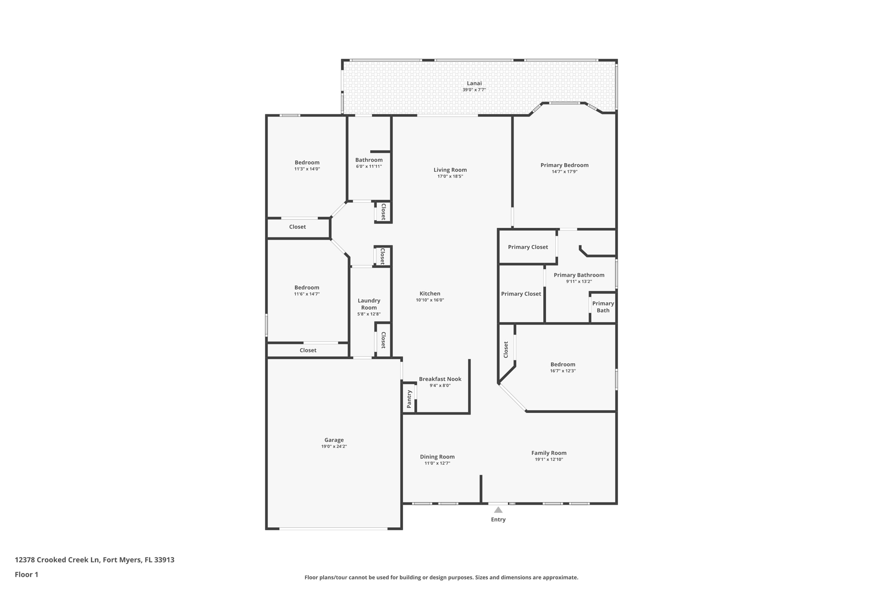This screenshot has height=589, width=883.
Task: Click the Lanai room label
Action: tap(474, 83)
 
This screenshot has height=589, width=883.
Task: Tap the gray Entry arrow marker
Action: tap(498, 510)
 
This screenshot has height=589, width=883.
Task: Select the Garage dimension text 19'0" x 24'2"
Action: tap(334, 447)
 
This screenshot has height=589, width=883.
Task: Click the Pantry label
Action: tap(409, 399)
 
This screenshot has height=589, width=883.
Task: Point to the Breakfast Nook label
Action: tap(440, 379)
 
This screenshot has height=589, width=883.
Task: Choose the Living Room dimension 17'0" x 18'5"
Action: tap(450, 176)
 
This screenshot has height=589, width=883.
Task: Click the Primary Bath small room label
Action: tap(603, 307)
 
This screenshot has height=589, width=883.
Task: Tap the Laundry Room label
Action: tap(369, 304)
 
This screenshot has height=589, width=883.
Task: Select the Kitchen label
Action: tap(430, 293)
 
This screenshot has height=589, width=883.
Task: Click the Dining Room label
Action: tap(437, 457)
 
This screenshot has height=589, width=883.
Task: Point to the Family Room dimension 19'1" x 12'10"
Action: tap(549, 460)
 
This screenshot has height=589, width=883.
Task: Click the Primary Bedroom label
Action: tap(564, 165)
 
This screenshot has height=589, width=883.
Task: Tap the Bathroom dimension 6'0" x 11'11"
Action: tap(369, 167)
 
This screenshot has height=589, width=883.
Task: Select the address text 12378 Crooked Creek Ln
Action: tap(57, 560)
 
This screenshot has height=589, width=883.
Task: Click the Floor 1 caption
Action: tap(26, 574)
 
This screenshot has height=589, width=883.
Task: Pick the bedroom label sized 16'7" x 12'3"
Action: tap(563, 364)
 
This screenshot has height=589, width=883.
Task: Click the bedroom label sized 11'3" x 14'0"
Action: tap(307, 162)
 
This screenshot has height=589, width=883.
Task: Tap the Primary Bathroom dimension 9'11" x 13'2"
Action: tap(579, 282)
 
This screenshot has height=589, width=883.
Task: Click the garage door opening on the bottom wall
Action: tap(333, 528)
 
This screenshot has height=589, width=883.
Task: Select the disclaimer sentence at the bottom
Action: tap(441, 577)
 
